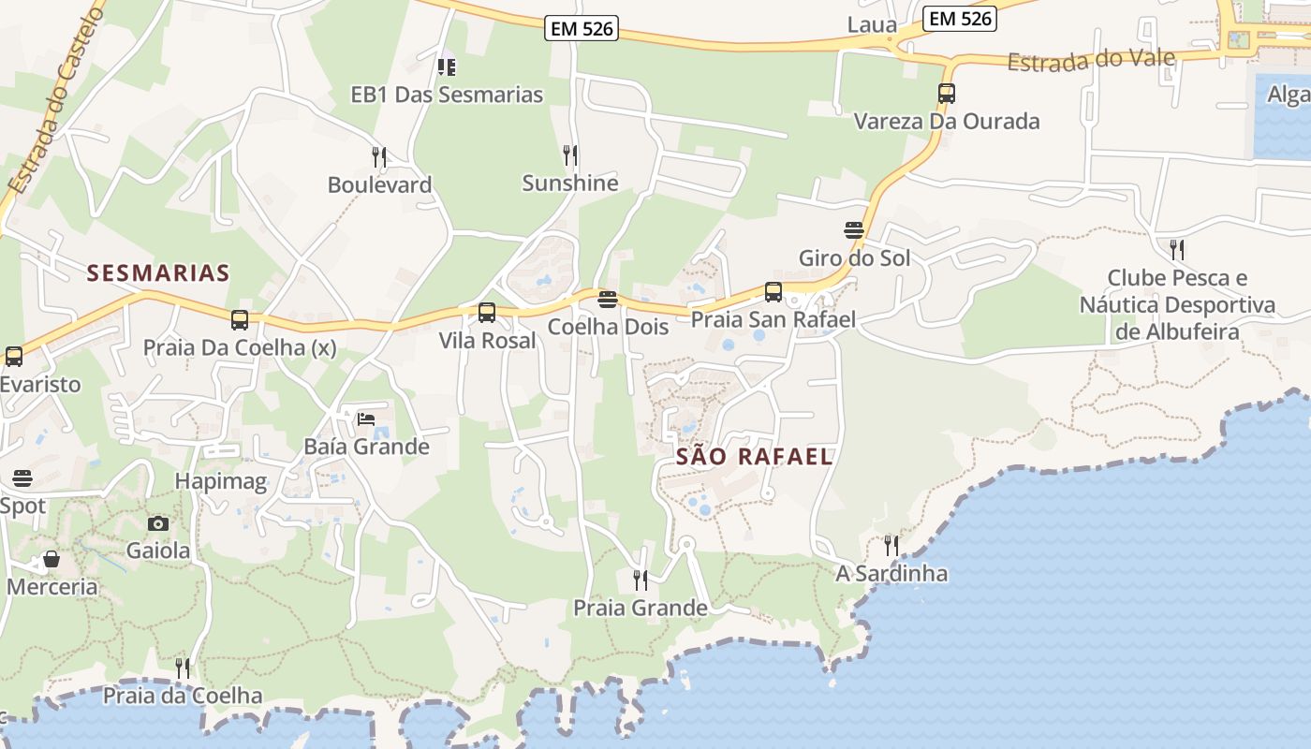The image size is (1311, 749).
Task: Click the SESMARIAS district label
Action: tap(158, 273)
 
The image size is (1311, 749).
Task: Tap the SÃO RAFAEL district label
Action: tap(754, 457)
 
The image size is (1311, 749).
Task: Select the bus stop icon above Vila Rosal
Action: tap(487, 313)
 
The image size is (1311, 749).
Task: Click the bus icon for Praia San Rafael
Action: tap(773, 292)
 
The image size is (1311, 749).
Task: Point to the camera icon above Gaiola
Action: tap(158, 523)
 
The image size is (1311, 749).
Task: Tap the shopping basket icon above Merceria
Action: tap(52, 560)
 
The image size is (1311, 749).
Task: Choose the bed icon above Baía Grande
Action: tap(366, 419)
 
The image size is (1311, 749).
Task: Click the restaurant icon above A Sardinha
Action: tap(891, 545)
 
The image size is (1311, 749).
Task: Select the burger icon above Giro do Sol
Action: tap(854, 230)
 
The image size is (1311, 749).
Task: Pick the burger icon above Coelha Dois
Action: tap(608, 300)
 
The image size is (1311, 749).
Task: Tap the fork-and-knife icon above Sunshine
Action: tap(569, 154)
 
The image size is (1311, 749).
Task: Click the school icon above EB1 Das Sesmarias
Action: tap(447, 66)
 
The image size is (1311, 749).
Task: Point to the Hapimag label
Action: tap(221, 482)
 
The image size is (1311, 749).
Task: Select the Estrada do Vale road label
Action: tap(1091, 61)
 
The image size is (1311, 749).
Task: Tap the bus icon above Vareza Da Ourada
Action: tap(947, 94)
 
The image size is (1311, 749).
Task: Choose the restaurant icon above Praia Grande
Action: tap(641, 580)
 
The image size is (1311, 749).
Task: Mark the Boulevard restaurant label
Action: tap(379, 185)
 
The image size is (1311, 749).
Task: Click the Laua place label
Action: tap(872, 25)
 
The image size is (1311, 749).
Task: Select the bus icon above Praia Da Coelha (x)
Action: tap(240, 320)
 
